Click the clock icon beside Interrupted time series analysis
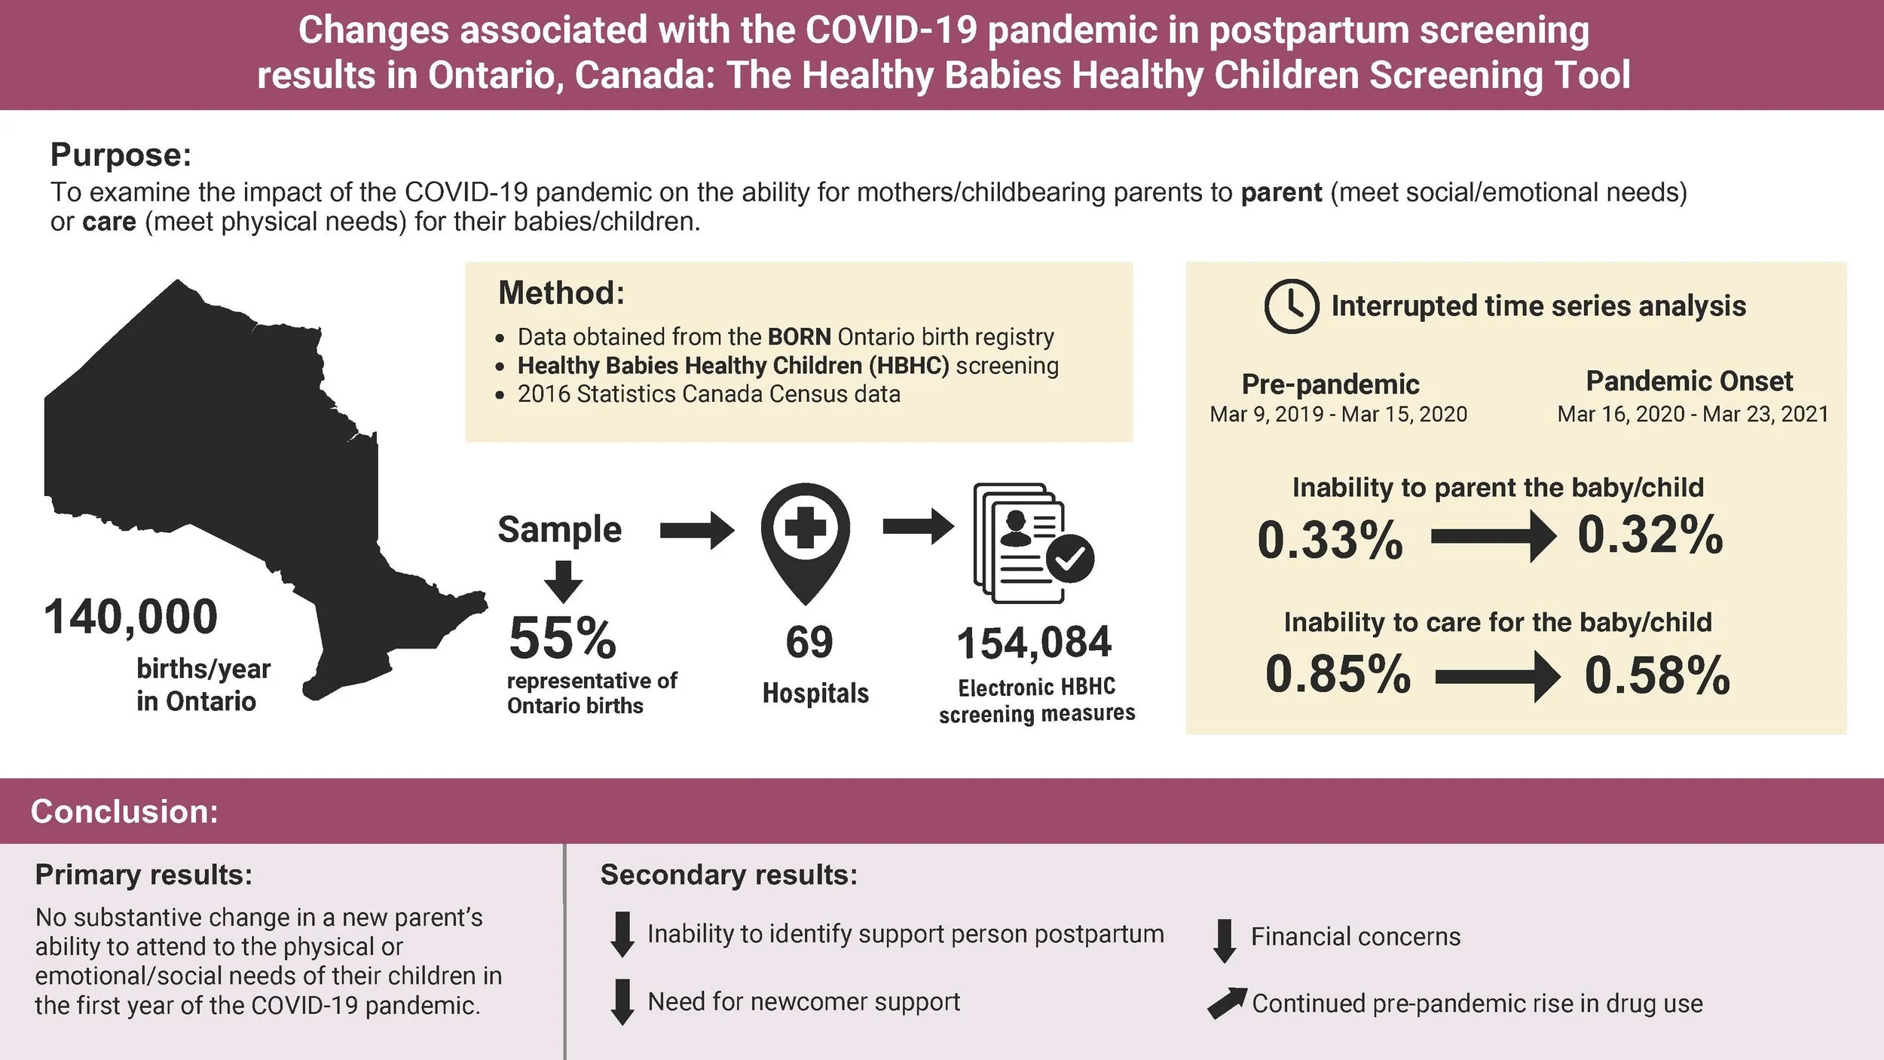(1291, 306)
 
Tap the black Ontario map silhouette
(211, 452)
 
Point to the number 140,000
(131, 617)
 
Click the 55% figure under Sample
(562, 638)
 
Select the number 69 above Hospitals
(809, 642)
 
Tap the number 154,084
(1034, 643)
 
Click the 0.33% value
(1330, 540)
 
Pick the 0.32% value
(1650, 535)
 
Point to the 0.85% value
(1338, 673)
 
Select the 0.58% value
(1657, 675)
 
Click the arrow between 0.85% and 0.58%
(1497, 677)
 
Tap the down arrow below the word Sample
(564, 581)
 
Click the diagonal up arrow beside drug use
(1226, 1003)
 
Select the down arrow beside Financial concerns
(1225, 940)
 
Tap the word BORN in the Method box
(799, 336)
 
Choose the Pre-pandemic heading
(1330, 384)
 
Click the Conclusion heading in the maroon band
(124, 811)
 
